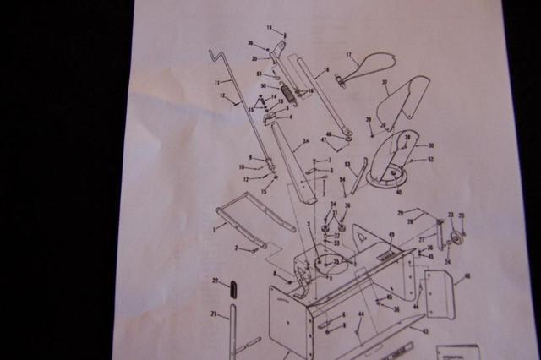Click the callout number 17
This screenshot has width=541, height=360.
347,55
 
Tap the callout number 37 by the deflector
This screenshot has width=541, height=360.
385,83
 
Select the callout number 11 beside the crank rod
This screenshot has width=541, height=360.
217,82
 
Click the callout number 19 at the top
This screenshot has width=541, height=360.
270,28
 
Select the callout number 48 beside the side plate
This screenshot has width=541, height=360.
467,275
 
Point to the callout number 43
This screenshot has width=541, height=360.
425,330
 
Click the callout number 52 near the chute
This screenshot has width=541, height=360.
430,159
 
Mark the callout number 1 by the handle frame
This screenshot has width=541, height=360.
214,226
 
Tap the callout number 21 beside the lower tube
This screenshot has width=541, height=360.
214,314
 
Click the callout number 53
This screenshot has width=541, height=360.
348,165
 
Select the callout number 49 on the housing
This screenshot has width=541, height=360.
391,234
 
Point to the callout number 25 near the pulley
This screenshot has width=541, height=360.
462,215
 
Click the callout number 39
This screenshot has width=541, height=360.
369,119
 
